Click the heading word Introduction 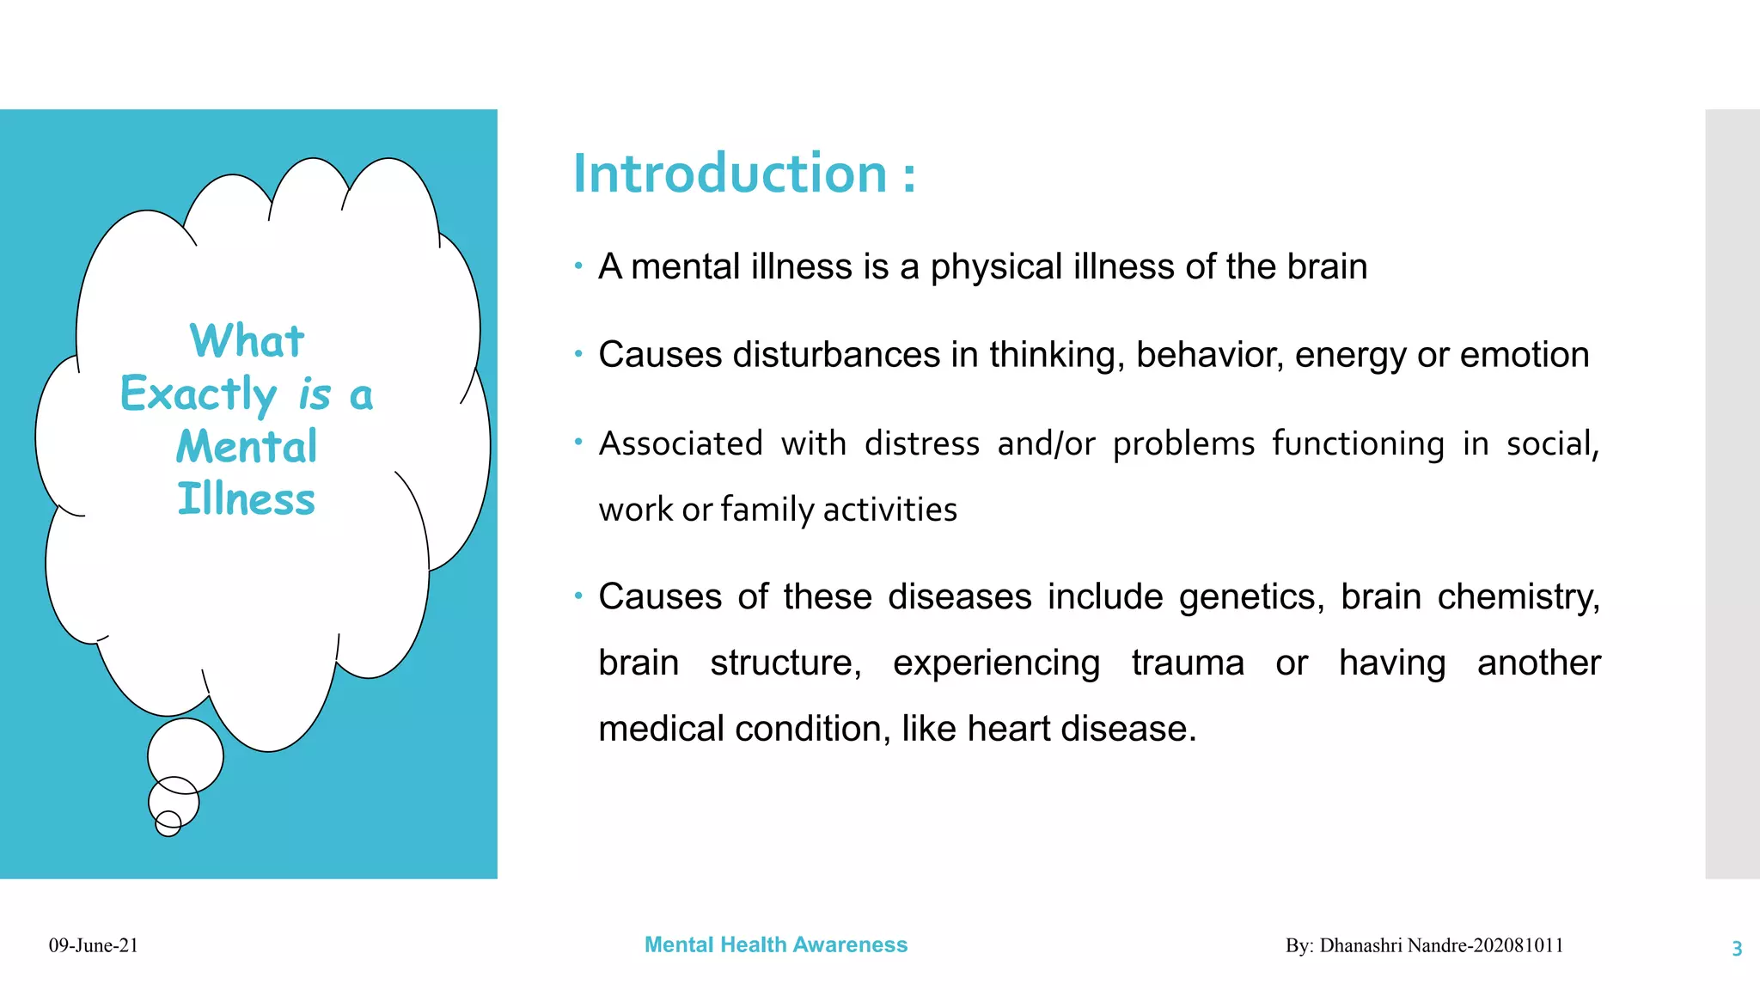tap(730, 174)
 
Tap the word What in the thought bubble tap(247, 341)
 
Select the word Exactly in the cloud tap(199, 394)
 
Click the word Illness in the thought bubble tap(247, 499)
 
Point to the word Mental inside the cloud tap(247, 447)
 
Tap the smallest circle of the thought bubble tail tap(168, 824)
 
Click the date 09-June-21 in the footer tap(93, 946)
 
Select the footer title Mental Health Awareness tap(775, 945)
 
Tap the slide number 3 tap(1736, 949)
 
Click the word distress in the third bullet tap(921, 444)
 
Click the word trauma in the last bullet tap(1187, 663)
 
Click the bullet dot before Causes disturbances tap(578, 353)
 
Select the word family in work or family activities tap(767, 510)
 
